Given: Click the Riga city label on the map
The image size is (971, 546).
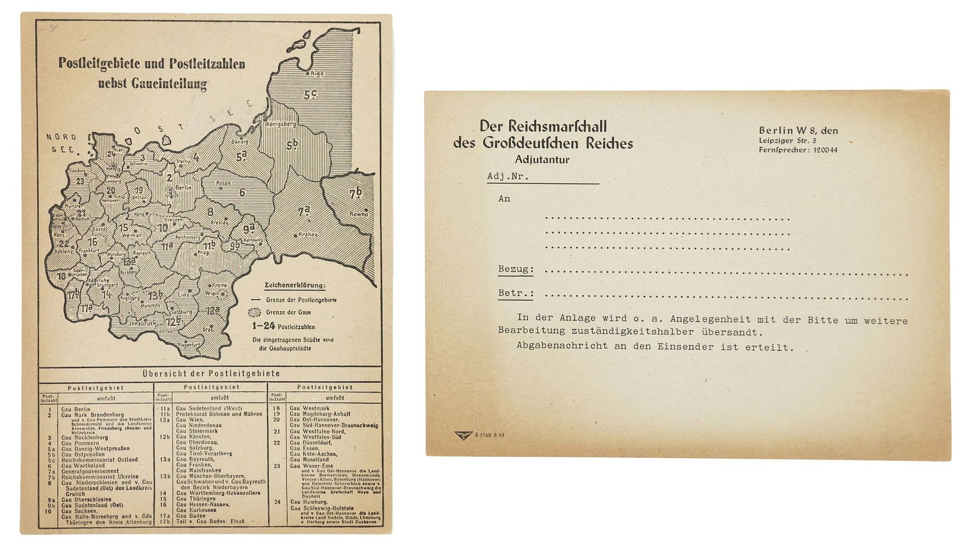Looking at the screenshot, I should (x=317, y=73).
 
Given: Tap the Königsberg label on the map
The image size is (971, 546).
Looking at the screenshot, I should (x=281, y=124).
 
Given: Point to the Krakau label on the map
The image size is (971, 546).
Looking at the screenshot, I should (x=308, y=234).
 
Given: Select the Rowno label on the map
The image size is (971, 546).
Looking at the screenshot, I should (x=359, y=214).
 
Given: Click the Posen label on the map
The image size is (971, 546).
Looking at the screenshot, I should (x=223, y=183).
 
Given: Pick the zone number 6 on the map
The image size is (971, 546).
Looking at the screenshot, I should (x=242, y=193).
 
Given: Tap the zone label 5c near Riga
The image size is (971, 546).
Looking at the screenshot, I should (x=311, y=95).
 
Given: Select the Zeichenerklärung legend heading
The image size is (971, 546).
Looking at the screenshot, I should (x=294, y=285).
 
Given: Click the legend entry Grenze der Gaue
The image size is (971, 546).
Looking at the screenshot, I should (x=288, y=312).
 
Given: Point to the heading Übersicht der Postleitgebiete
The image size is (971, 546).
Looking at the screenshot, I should (x=211, y=374).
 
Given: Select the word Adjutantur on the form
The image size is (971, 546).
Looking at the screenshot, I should (x=542, y=160).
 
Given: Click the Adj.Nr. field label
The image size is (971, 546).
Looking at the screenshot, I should (x=508, y=177).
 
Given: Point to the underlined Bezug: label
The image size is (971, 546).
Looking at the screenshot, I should (x=516, y=269).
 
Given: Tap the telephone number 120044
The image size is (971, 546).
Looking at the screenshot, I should (x=824, y=150).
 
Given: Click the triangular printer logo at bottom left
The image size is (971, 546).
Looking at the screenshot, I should (x=464, y=435).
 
